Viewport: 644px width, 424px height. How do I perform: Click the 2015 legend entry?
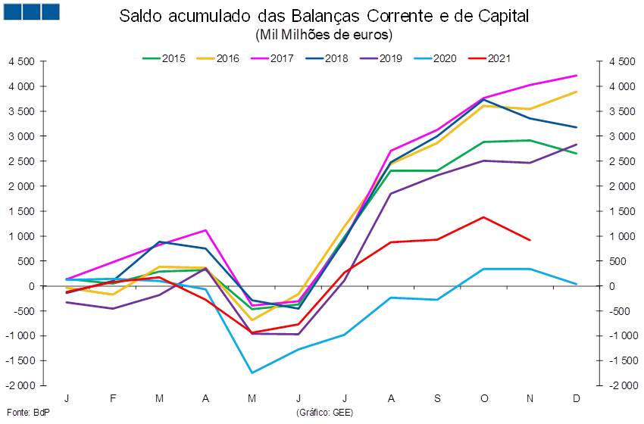(x=164, y=58)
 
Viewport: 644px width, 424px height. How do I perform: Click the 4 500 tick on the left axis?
(x=22, y=62)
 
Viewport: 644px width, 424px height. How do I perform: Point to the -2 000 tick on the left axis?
(x=22, y=386)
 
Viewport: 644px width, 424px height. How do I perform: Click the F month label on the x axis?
(x=113, y=397)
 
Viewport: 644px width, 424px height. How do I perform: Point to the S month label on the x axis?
(x=437, y=397)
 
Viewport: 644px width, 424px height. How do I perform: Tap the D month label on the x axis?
(x=577, y=397)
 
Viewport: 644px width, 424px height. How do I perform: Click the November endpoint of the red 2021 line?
(x=530, y=240)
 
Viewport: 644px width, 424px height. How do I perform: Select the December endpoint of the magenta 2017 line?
(x=577, y=75)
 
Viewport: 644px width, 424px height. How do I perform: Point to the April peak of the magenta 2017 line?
(x=206, y=229)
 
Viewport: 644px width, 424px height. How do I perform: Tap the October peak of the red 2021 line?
(x=483, y=217)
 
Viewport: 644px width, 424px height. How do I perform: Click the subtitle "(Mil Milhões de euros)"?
(x=324, y=35)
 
